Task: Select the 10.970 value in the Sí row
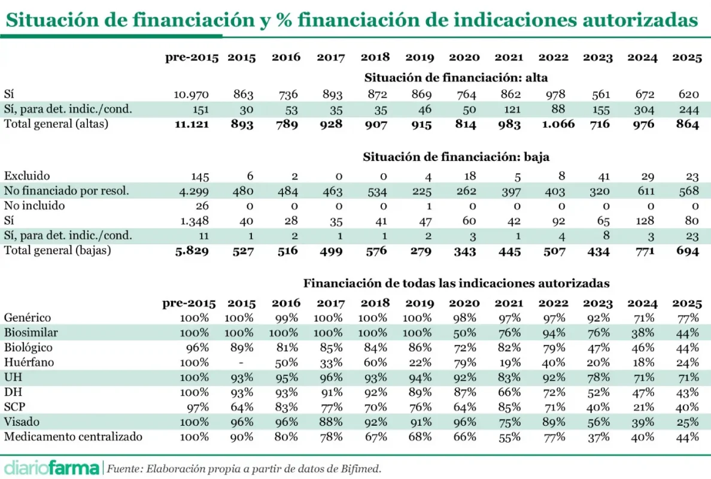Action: point(191,95)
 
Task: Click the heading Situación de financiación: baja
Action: point(456,157)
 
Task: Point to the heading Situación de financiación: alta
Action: point(455,77)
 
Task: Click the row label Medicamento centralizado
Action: point(73,436)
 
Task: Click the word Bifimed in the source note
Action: point(361,468)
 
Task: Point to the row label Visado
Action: point(21,422)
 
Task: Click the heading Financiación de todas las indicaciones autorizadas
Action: point(456,283)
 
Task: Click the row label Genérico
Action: point(28,318)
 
